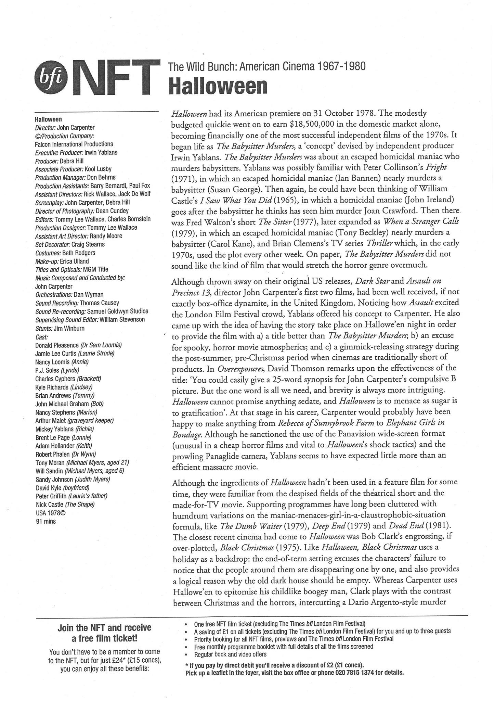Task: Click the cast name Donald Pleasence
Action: click(57, 345)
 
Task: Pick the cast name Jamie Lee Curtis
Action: click(56, 354)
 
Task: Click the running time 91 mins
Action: click(45, 522)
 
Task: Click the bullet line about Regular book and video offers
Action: click(230, 654)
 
